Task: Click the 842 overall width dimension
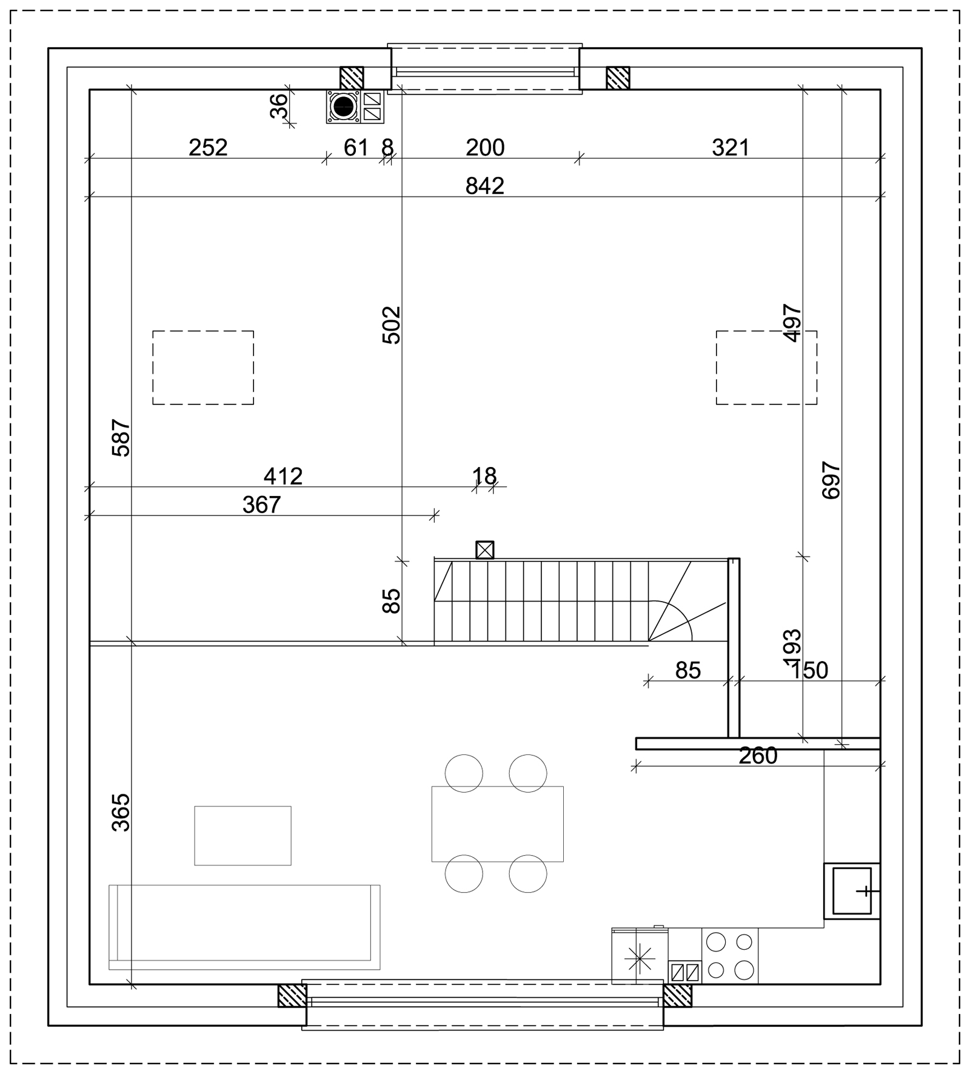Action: (484, 186)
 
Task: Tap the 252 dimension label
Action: (208, 147)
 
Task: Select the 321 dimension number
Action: (731, 147)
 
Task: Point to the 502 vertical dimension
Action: (392, 325)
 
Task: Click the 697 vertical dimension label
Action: (831, 481)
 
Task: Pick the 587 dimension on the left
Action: (121, 438)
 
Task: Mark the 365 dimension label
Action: (121, 813)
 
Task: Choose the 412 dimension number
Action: (283, 476)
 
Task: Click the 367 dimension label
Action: (261, 505)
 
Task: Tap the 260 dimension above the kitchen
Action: (758, 756)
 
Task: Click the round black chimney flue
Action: (344, 107)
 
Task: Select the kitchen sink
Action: (852, 891)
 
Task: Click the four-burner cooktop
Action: (730, 955)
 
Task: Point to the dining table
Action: (497, 824)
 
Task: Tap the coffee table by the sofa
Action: (242, 836)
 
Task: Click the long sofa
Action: (244, 927)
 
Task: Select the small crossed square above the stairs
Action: (485, 550)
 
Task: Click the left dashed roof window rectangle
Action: (203, 368)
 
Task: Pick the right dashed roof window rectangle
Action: (766, 368)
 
